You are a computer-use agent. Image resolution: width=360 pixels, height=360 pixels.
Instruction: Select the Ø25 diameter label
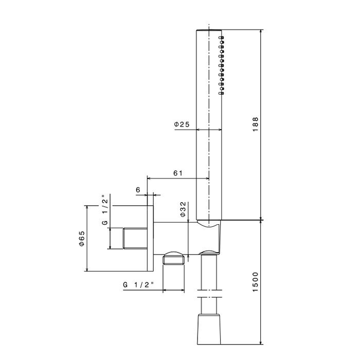(x=183, y=124)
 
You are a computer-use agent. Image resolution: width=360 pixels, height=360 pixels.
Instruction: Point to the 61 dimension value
(x=178, y=173)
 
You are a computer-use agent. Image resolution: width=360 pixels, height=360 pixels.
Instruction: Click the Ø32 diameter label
(x=184, y=210)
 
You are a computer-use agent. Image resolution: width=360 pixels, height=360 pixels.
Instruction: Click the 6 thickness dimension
(x=138, y=189)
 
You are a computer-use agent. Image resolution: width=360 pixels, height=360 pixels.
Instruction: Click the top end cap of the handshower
(x=210, y=31)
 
